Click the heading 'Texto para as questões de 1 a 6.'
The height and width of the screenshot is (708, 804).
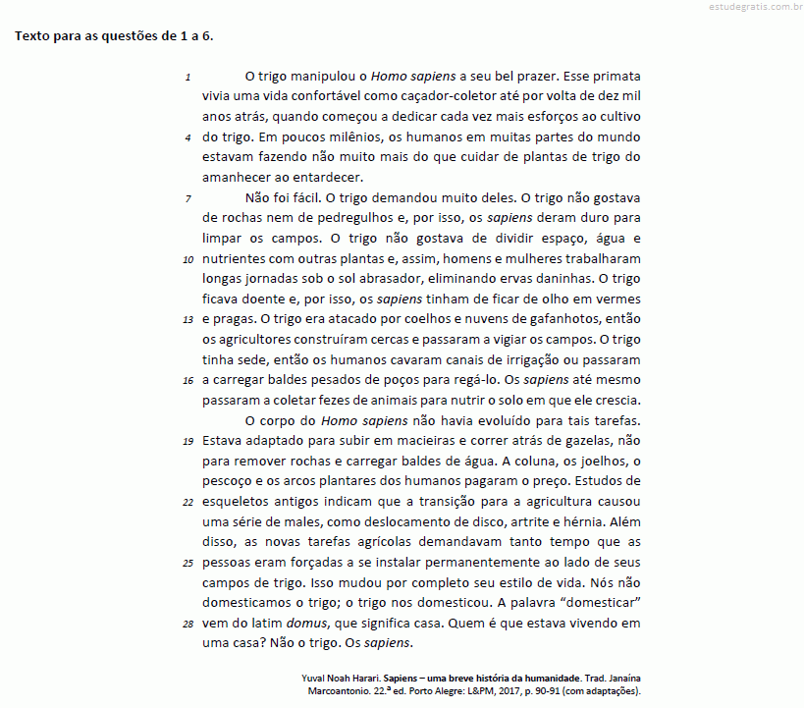[114, 36]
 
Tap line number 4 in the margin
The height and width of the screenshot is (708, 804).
[188, 136]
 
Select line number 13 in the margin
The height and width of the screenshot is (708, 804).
[188, 319]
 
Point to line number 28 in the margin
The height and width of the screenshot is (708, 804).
[188, 624]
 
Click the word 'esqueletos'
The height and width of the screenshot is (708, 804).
[238, 501]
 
